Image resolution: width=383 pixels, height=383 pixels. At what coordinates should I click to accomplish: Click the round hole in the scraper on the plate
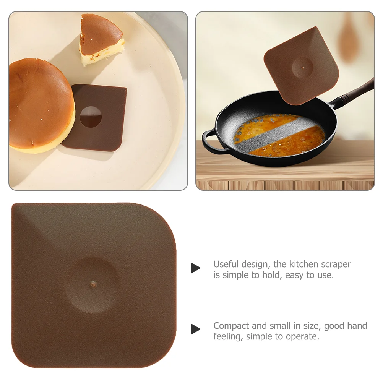(x=91, y=117)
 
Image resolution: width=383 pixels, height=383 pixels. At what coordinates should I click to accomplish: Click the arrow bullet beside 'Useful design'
(x=196, y=268)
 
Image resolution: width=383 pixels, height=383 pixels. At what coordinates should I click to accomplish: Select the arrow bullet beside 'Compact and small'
(x=196, y=329)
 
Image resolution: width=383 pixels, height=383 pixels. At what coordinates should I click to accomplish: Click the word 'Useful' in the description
(x=226, y=264)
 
